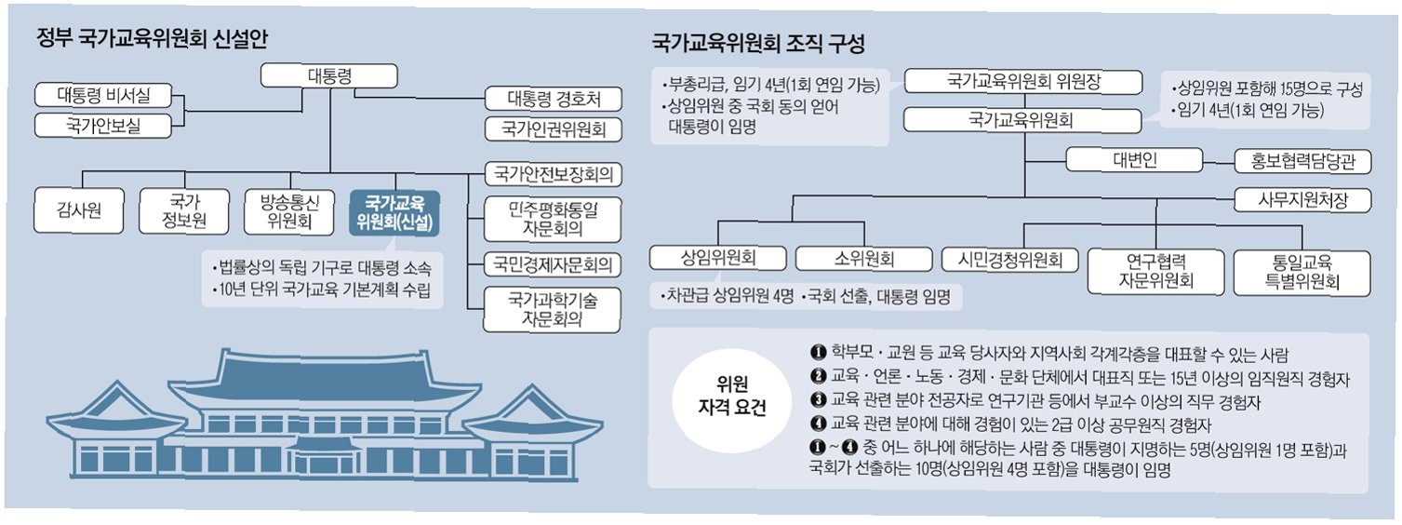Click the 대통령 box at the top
pos(329,75)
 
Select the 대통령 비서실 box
pos(103,95)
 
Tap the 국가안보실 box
pos(103,126)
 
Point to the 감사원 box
pos(79,210)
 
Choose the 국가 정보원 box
pos(184,210)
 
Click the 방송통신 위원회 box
pos(289,210)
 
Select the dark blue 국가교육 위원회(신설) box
pos(394,212)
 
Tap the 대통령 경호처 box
pos(554,99)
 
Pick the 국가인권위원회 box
pos(554,129)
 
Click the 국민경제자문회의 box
pos(553,264)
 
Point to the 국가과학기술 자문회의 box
pos(552,310)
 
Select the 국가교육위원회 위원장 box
pos(1023,81)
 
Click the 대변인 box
pos(1135,160)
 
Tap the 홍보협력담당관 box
pos(1303,162)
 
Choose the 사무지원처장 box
pos(1303,200)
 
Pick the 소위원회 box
pos(864,258)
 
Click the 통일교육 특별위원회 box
pos(1302,273)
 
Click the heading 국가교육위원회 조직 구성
pos(758,43)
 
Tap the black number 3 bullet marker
pos(818,399)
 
